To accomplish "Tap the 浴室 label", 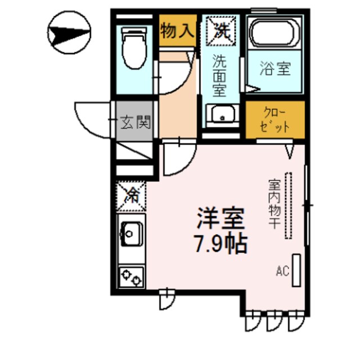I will tap(276, 70).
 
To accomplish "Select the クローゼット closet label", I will tap(274, 119).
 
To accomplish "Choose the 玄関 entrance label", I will tap(136, 121).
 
